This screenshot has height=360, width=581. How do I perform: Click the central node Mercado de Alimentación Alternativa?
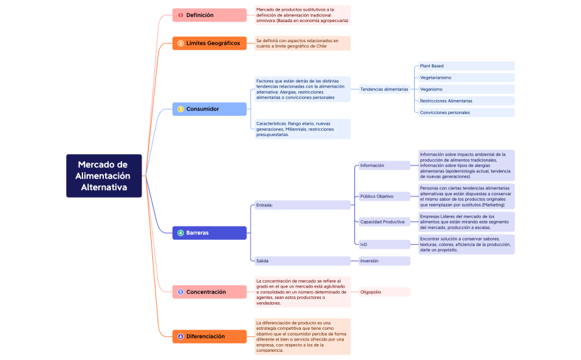pyautogui.click(x=104, y=176)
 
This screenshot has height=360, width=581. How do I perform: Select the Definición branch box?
pyautogui.click(x=210, y=15)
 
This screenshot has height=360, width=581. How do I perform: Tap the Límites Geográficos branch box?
pyautogui.click(x=210, y=43)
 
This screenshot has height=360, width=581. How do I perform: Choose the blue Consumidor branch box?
pyautogui.click(x=210, y=109)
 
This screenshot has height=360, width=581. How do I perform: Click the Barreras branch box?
pyautogui.click(x=210, y=233)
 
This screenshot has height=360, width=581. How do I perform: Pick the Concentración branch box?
pyautogui.click(x=210, y=292)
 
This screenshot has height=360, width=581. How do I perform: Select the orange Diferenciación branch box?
pyautogui.click(x=210, y=337)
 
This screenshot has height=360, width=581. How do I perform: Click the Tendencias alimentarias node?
pyautogui.click(x=384, y=89)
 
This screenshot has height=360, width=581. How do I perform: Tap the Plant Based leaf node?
pyautogui.click(x=466, y=66)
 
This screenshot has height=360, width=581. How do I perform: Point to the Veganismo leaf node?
pyautogui.click(x=466, y=89)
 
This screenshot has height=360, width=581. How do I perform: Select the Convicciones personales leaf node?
pyautogui.click(x=466, y=113)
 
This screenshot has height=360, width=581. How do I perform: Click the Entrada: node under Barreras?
pyautogui.click(x=302, y=205)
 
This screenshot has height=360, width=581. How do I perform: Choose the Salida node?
pyautogui.click(x=302, y=261)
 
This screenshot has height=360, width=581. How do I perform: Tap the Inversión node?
pyautogui.click(x=384, y=261)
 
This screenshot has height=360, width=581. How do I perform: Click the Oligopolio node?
pyautogui.click(x=384, y=292)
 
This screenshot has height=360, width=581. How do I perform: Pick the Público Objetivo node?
pyautogui.click(x=384, y=196)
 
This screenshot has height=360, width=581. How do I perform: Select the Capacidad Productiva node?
pyautogui.click(x=384, y=222)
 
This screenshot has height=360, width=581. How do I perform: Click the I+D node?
pyautogui.click(x=384, y=244)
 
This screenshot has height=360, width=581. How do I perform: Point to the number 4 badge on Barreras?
pyautogui.click(x=181, y=233)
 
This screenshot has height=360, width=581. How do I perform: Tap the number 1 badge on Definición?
pyautogui.click(x=181, y=15)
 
